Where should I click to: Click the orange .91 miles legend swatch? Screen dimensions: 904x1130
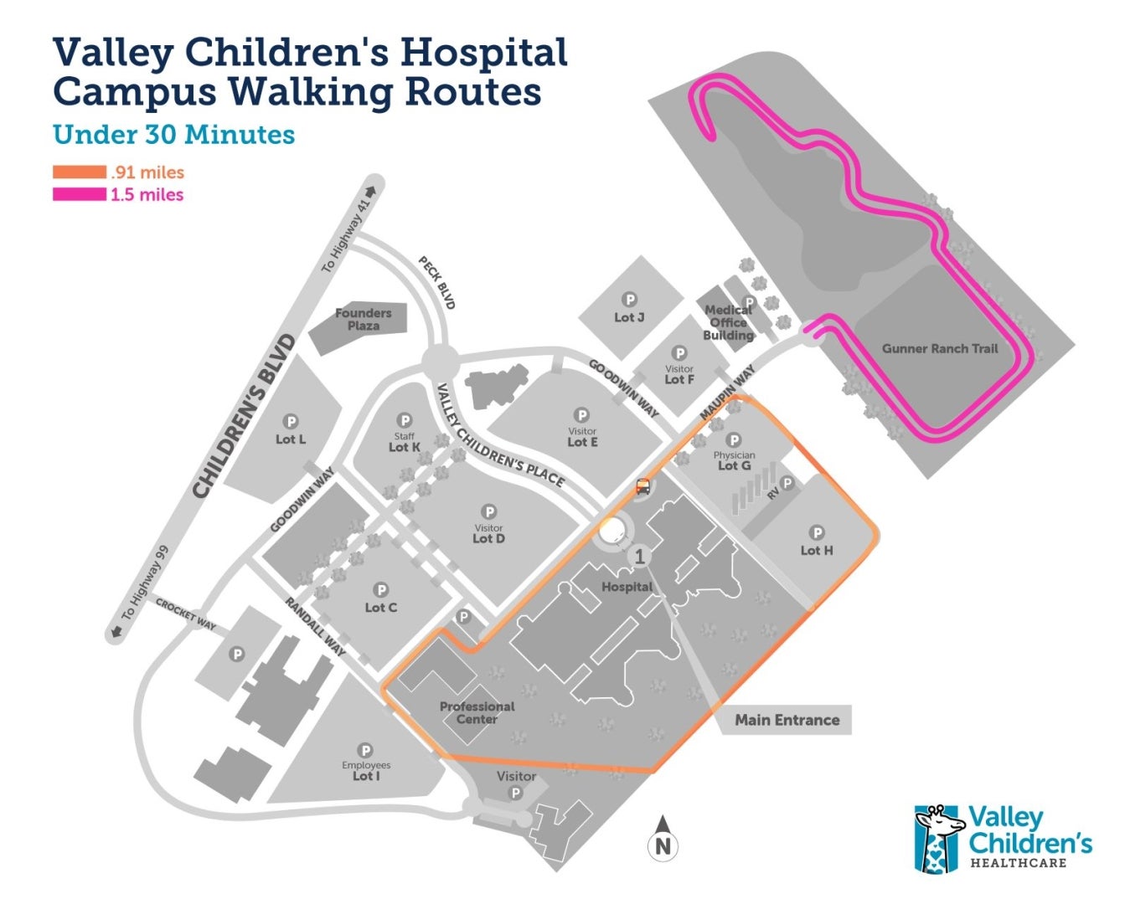pyautogui.click(x=80, y=172)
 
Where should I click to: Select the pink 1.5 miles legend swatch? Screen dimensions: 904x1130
pyautogui.click(x=80, y=194)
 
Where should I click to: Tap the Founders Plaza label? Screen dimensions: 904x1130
pyautogui.click(x=364, y=319)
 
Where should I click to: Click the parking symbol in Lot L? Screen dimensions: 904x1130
pyautogui.click(x=291, y=422)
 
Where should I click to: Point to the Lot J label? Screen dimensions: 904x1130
pyautogui.click(x=629, y=317)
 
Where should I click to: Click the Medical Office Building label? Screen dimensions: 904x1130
pyautogui.click(x=728, y=322)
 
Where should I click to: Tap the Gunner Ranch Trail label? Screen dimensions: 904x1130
pyautogui.click(x=940, y=348)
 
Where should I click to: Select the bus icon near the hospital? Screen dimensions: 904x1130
pyautogui.click(x=642, y=486)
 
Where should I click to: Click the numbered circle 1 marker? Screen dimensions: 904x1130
pyautogui.click(x=639, y=556)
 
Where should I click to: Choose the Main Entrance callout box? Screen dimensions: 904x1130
pyautogui.click(x=787, y=720)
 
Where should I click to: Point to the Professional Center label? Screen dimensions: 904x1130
pyautogui.click(x=477, y=712)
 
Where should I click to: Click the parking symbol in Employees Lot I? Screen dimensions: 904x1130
pyautogui.click(x=365, y=750)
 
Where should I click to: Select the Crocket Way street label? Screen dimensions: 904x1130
pyautogui.click(x=185, y=615)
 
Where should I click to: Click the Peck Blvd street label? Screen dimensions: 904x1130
pyautogui.click(x=437, y=283)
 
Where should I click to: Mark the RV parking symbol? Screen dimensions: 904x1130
pyautogui.click(x=787, y=484)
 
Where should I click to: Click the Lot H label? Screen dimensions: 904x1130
pyautogui.click(x=817, y=550)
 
